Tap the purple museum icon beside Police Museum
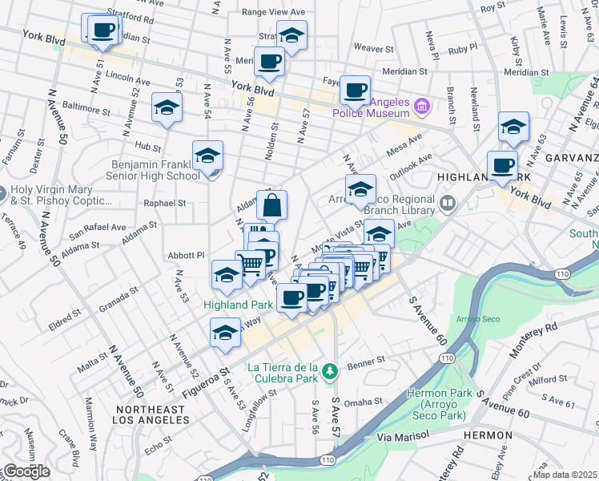pyautogui.click(x=422, y=105)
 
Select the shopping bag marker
pyautogui.click(x=271, y=205)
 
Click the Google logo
pyautogui.click(x=26, y=471)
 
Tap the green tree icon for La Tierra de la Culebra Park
pyautogui.click(x=329, y=370)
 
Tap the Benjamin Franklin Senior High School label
pyautogui.click(x=155, y=170)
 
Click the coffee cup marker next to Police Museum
pyautogui.click(x=355, y=90)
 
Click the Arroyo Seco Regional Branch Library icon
pyautogui.click(x=447, y=204)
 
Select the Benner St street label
pyautogui.click(x=367, y=361)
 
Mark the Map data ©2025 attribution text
pyautogui.click(x=565, y=474)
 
